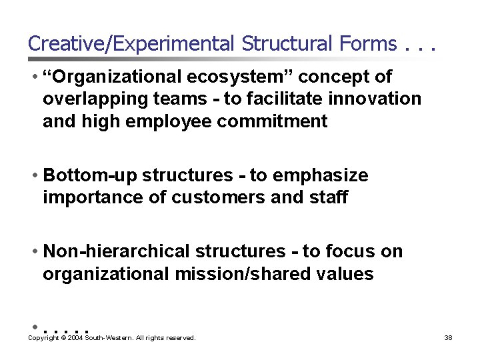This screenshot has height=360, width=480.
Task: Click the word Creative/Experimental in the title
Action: click(131, 44)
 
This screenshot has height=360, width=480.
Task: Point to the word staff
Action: click(327, 197)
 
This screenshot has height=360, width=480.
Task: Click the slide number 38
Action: click(448, 338)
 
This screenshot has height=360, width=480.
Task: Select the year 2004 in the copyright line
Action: click(73, 338)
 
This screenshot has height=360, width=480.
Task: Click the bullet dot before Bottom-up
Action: click(34, 176)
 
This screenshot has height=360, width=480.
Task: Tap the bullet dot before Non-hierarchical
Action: click(34, 252)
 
